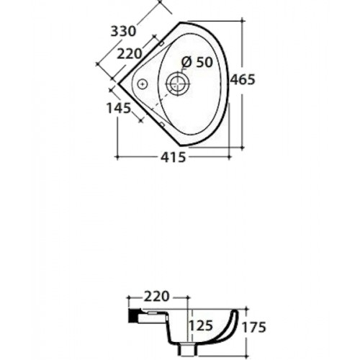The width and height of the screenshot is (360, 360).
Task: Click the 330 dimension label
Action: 123,32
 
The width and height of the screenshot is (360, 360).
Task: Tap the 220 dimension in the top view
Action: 130,54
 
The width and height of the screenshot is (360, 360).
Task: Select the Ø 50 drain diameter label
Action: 197,62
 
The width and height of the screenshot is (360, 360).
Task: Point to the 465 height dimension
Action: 243,79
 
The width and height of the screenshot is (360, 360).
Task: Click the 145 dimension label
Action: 119,108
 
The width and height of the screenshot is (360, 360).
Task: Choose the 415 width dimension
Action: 174,158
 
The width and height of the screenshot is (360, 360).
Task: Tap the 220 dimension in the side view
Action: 156,297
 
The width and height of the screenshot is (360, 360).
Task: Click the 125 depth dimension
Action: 201,325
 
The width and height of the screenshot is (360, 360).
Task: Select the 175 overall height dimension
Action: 254,327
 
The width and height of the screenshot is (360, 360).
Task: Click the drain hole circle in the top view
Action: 178,84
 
